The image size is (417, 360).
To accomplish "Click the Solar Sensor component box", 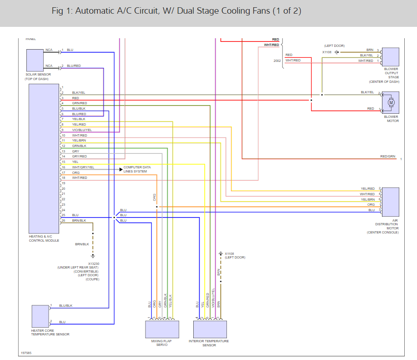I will click(35, 60).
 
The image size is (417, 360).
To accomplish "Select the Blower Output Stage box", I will click(390, 56).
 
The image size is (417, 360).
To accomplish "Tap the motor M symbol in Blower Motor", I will click(391, 103).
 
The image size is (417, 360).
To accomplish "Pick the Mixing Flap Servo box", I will click(162, 329).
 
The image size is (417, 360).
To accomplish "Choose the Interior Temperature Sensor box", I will click(210, 329).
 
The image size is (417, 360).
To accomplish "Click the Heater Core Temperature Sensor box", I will click(40, 316).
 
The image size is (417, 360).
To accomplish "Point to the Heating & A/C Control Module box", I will click(44, 158).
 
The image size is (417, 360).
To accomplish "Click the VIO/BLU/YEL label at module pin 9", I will click(82, 130).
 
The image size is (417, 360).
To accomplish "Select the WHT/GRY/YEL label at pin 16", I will click(83, 167).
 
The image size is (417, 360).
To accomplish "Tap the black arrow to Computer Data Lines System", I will click(121, 169).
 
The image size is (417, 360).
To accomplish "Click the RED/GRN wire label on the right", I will click(387, 157).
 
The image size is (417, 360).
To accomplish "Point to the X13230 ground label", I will click(94, 263).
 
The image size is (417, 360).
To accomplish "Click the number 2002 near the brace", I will click(277, 61).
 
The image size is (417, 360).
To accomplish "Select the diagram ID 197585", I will click(26, 353).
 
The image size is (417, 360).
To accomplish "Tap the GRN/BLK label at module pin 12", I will click(79, 146).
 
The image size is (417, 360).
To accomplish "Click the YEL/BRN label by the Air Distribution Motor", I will click(367, 199).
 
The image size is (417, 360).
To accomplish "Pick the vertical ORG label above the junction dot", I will click(155, 198).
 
